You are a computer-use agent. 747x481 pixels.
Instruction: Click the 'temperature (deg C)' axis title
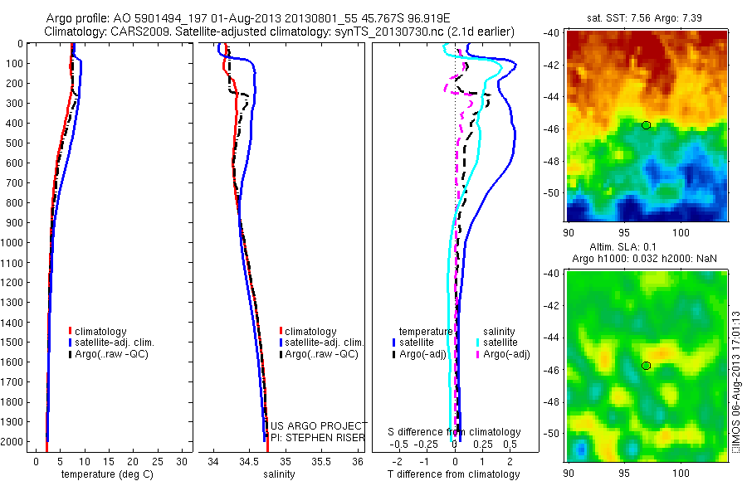(x=105, y=474)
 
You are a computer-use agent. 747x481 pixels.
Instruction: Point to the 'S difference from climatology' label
(x=455, y=432)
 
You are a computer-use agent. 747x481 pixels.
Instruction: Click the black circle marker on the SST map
(x=646, y=125)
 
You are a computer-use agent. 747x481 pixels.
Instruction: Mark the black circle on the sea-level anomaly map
(x=646, y=366)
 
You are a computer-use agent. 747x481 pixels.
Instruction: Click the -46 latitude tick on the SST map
(x=552, y=129)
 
